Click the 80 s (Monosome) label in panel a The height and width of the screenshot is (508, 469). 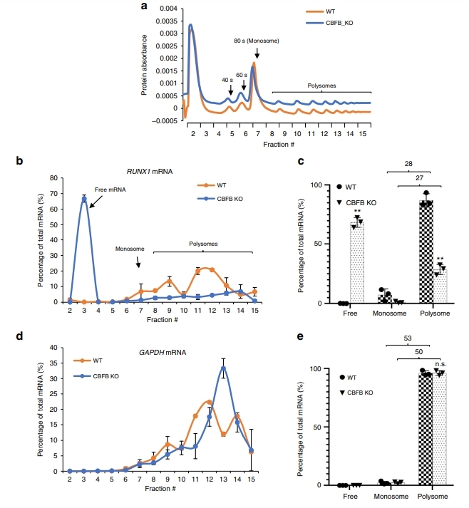(x=257, y=41)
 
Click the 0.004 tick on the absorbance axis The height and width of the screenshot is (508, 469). (x=167, y=9)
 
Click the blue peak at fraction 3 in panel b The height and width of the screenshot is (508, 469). (x=84, y=199)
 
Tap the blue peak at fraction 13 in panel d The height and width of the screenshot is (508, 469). (x=223, y=368)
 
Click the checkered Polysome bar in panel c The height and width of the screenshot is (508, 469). (x=426, y=253)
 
